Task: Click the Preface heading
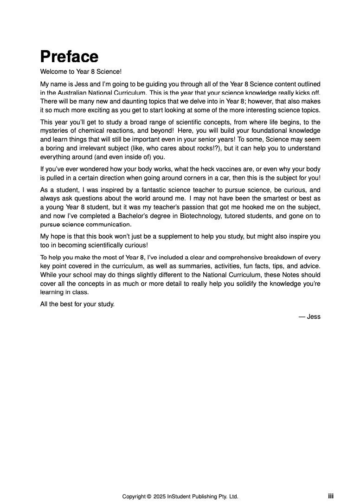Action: pos(69,57)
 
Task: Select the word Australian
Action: pos(73,93)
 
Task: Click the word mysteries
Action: pos(54,131)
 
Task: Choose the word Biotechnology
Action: pos(211,216)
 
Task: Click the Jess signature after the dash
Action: pos(314,317)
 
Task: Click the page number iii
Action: pos(331,496)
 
